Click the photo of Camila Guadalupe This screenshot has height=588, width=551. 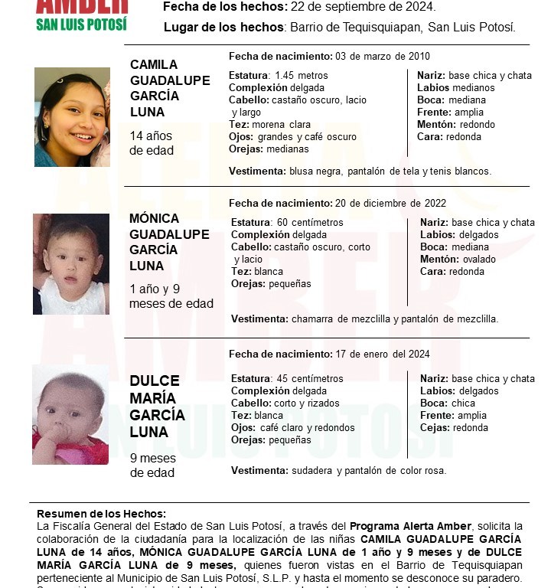[72, 117]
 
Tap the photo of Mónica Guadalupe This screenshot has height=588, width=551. [71, 264]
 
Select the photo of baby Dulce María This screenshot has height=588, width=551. [70, 414]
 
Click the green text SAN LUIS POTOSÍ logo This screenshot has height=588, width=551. [81, 24]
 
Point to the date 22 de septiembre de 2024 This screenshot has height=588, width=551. [364, 7]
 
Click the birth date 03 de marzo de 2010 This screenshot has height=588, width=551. [382, 57]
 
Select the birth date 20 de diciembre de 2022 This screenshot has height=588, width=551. [391, 204]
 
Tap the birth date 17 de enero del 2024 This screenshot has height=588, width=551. [383, 354]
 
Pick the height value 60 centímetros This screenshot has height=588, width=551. [309, 222]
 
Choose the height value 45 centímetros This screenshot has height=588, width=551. [309, 378]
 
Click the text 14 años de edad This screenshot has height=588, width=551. [152, 143]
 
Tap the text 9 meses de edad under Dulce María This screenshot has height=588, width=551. [153, 465]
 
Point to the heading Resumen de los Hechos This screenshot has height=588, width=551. [101, 514]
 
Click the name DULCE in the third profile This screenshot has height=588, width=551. [155, 381]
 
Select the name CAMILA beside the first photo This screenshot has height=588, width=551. [154, 64]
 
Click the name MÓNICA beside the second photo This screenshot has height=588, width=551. [155, 218]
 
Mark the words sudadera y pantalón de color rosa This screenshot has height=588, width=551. [367, 470]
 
